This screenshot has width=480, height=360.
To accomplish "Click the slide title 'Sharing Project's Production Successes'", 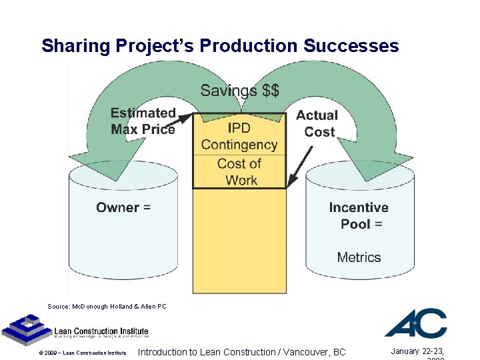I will [x=220, y=45].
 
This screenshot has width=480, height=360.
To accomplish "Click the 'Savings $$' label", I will [x=240, y=90].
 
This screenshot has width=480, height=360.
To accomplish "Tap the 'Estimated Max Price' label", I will [x=143, y=121].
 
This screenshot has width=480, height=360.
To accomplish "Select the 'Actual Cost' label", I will [x=317, y=123].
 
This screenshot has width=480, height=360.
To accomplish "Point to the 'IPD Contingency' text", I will [x=239, y=136].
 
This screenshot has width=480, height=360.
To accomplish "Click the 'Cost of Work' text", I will [x=239, y=171].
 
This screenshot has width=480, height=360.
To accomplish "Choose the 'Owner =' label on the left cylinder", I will [x=123, y=207].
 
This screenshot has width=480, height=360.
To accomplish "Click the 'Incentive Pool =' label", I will [x=359, y=215].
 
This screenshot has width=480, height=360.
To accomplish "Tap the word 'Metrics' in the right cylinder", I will [x=359, y=257].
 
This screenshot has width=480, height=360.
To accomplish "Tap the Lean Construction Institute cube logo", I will [x=25, y=329].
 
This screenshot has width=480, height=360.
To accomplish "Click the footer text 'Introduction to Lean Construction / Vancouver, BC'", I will [x=241, y=352].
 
